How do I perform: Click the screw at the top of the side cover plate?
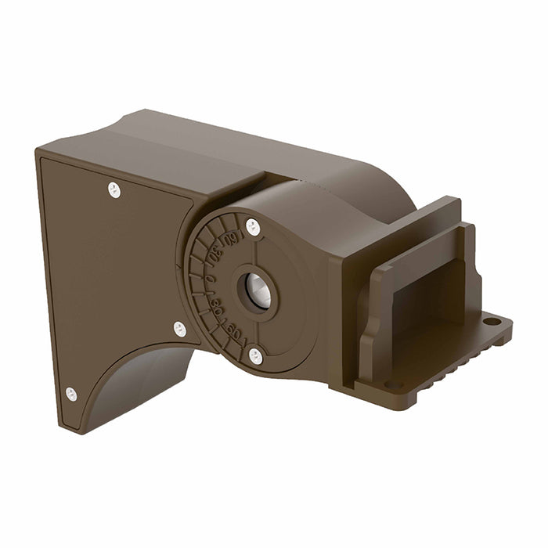(x=114, y=189)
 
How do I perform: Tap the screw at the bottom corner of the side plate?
(x=71, y=394)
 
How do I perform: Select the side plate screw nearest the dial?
(x=180, y=329)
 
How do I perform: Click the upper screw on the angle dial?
(x=253, y=227)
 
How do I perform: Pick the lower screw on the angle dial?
(x=255, y=356)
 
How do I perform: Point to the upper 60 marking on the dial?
(x=229, y=238)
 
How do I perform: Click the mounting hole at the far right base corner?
(x=491, y=322)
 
